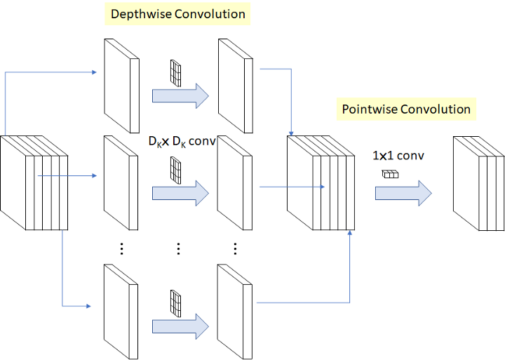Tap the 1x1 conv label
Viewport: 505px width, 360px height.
point(398,156)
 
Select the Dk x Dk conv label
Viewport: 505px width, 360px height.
point(182,142)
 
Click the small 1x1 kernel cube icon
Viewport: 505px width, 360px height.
point(391,174)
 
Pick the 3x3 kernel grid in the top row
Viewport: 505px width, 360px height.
point(175,73)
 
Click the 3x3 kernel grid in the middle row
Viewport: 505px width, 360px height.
point(175,171)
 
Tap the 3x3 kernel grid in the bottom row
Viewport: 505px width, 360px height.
point(175,304)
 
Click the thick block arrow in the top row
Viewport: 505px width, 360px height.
point(181,96)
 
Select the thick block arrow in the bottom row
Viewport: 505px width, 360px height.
point(181,326)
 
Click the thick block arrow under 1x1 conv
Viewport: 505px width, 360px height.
point(403,194)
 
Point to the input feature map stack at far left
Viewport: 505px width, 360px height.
point(34,182)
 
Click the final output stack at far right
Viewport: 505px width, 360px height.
point(478,183)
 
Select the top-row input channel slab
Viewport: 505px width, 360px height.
point(122,86)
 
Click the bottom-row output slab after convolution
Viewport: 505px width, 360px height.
point(234,312)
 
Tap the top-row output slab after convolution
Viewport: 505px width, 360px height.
point(236,86)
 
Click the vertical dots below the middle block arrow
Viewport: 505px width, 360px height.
point(178,249)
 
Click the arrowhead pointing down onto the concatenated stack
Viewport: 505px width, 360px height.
point(291,133)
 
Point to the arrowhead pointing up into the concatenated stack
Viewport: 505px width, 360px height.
point(350,232)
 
